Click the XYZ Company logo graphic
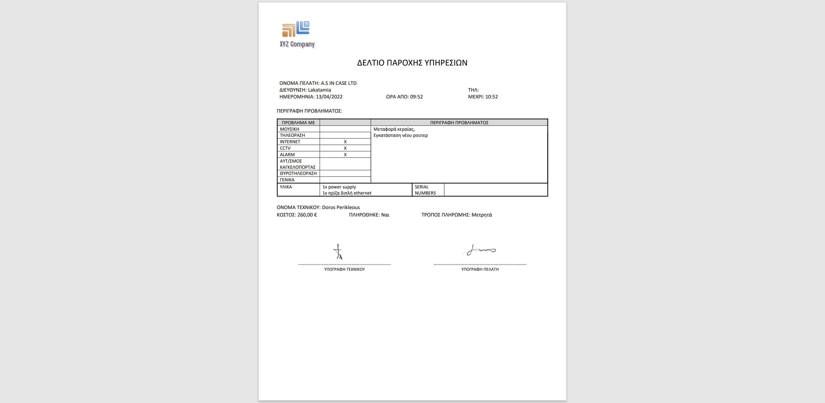(296, 29)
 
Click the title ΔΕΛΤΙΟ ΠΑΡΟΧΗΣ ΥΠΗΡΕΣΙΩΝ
(412, 63)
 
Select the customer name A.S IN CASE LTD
(338, 83)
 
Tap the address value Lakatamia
(319, 90)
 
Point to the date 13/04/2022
(329, 97)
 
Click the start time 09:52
(416, 97)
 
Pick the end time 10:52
(491, 97)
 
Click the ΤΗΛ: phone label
(473, 90)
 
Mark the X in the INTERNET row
(345, 142)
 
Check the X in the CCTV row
(345, 148)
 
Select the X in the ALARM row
(345, 155)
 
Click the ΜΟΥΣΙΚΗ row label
(289, 129)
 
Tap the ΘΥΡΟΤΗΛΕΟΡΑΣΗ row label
(298, 173)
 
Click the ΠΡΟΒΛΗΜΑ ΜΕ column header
(298, 123)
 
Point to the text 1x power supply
(339, 187)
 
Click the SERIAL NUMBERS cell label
(425, 190)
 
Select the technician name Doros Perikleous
(341, 207)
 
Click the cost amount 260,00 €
(307, 215)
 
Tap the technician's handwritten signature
(338, 252)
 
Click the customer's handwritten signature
(480, 250)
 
